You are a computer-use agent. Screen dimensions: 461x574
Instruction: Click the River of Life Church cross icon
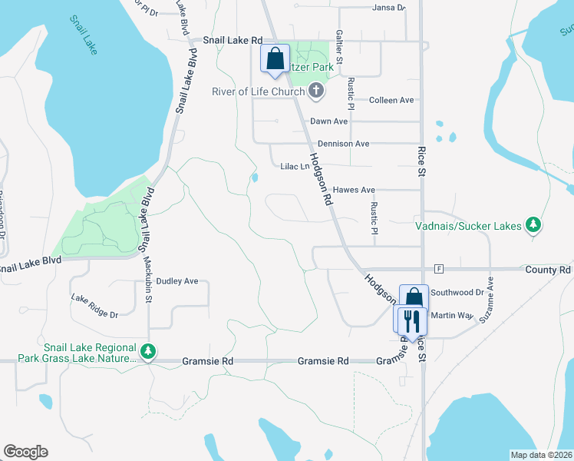tap(315, 92)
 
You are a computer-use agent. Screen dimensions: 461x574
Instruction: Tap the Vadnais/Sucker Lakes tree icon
tap(533, 225)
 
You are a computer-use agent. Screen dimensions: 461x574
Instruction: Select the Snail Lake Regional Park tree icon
tap(148, 353)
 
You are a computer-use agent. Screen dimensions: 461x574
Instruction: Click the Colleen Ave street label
tap(391, 100)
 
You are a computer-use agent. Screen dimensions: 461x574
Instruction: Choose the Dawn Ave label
tap(329, 121)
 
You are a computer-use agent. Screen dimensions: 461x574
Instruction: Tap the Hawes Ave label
tap(354, 190)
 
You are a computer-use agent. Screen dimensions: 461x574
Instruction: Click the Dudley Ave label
tap(177, 281)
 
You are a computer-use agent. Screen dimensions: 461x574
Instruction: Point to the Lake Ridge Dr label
tap(94, 306)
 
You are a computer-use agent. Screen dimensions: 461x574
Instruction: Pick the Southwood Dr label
tap(457, 293)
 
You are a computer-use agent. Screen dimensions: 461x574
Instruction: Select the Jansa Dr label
tap(388, 8)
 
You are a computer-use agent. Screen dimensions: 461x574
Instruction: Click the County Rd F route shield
tap(438, 269)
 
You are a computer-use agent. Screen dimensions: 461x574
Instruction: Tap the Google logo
tap(25, 452)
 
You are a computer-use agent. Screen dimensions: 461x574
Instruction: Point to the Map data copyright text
tap(541, 455)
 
